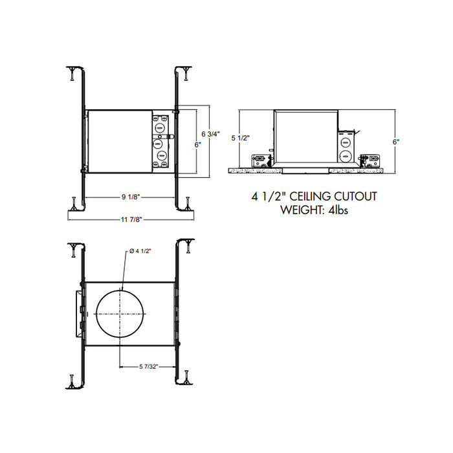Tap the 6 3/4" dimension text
[211, 134]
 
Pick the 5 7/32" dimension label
[148, 367]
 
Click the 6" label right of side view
[395, 140]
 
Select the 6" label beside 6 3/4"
[197, 146]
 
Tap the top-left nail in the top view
[71, 73]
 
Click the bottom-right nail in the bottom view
[187, 377]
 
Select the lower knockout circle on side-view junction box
[346, 155]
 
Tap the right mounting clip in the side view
[371, 159]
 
